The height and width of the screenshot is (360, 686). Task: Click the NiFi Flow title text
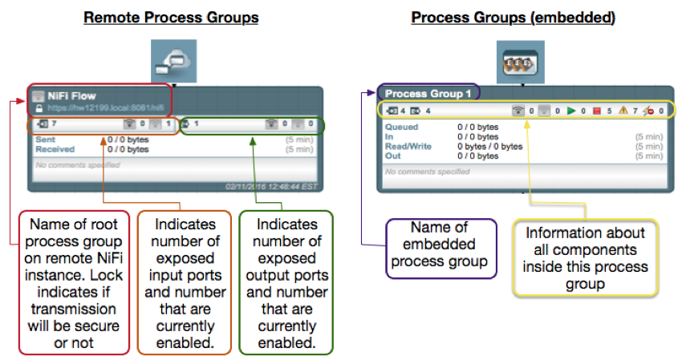click(x=72, y=96)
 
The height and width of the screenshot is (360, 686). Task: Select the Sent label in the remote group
click(x=45, y=140)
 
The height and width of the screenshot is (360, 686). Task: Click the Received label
click(x=55, y=149)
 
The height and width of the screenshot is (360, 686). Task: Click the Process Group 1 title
click(x=426, y=93)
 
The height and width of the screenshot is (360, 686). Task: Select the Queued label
click(x=401, y=127)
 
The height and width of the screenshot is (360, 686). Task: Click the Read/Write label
click(x=408, y=146)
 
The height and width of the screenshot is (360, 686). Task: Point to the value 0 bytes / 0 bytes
click(x=489, y=146)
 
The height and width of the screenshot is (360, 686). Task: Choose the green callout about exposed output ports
click(x=286, y=281)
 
